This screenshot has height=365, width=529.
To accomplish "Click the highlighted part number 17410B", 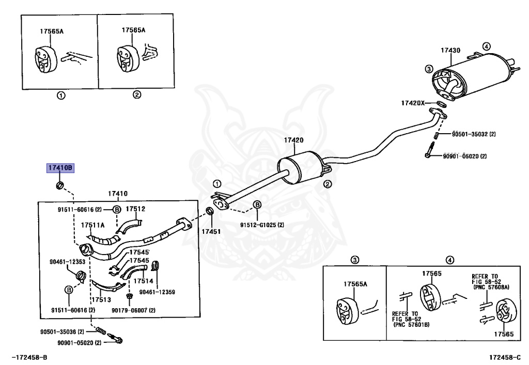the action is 60,168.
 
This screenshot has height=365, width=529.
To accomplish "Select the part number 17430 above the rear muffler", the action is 450,50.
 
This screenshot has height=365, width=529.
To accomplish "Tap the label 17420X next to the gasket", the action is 413,103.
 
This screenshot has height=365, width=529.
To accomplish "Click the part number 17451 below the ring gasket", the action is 211,231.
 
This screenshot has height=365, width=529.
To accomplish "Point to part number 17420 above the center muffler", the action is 293,140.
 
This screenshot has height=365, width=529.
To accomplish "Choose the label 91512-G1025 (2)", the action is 262,225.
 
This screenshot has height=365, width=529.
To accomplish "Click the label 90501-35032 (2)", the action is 474,134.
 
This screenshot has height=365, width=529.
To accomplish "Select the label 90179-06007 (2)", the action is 134,310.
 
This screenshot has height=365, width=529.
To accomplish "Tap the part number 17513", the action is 101,299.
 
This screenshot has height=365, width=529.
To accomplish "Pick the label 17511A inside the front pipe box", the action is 93,225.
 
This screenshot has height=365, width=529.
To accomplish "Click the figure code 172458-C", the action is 505,357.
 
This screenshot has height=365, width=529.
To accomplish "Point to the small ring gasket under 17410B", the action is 60,185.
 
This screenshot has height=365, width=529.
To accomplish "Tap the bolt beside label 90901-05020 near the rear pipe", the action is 429,150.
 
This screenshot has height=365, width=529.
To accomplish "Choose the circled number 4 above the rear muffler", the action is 486,46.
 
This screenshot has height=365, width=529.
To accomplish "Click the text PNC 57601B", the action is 412,325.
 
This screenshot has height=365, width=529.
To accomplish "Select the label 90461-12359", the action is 157,292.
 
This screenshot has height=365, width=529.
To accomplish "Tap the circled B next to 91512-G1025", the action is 257,204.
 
